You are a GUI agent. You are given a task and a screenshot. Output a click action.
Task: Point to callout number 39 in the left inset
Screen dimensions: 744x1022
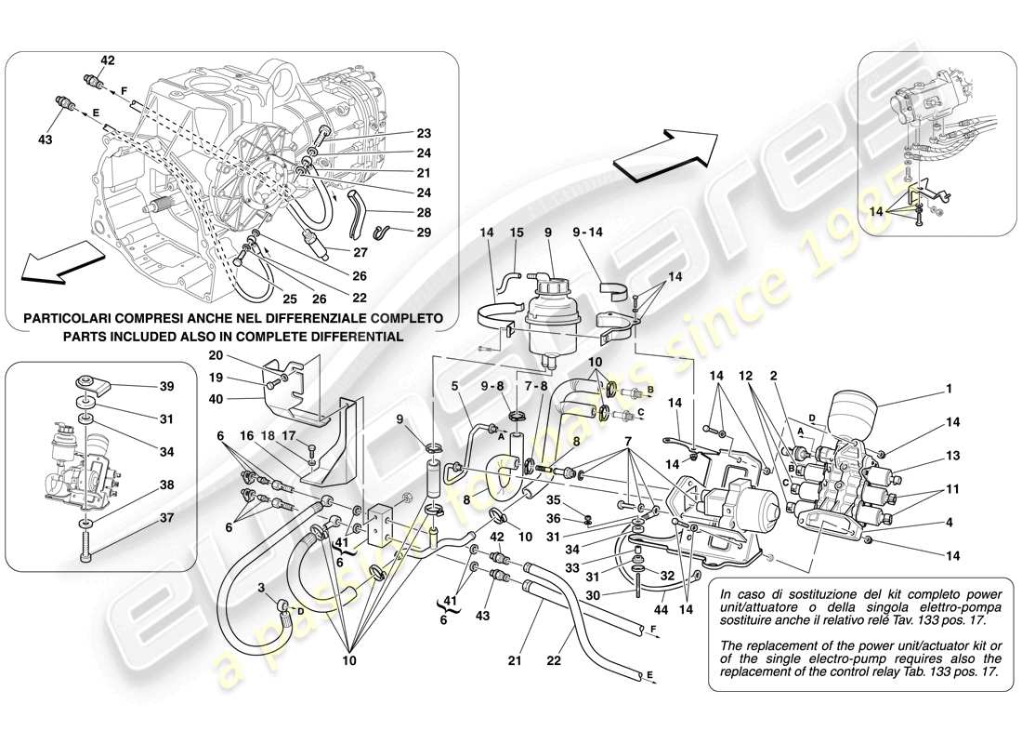[166, 385]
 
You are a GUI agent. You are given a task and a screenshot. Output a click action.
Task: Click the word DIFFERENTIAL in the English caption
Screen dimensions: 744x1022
[350, 337]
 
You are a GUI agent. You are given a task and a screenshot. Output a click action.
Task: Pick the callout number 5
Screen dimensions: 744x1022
[455, 384]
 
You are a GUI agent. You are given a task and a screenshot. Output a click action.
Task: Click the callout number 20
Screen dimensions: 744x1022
[216, 354]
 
